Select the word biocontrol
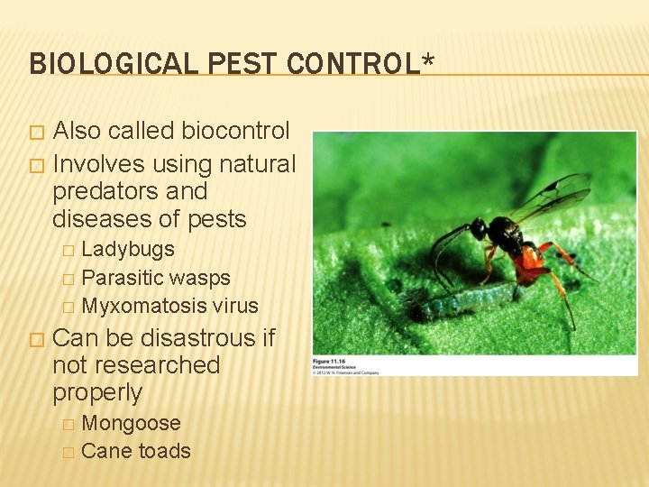(x=235, y=131)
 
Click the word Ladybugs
(x=128, y=249)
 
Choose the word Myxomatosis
(x=144, y=306)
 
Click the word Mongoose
(x=131, y=423)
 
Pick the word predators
(x=104, y=191)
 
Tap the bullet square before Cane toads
(x=67, y=452)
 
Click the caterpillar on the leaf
(x=460, y=302)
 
